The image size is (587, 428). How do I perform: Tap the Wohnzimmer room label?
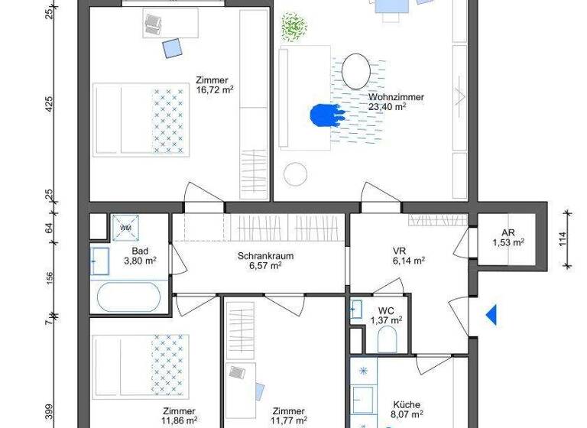click(x=396, y=97)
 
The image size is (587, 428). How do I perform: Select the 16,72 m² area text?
click(x=214, y=89)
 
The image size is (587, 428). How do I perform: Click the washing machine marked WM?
click(x=124, y=226)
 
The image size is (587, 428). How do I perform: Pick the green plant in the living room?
click(x=292, y=28)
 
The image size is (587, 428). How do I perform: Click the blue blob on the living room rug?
click(x=326, y=115)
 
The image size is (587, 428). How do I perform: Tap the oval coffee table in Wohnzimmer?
click(x=355, y=71)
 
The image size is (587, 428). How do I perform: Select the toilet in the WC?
click(x=387, y=341)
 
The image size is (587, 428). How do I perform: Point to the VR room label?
click(x=398, y=250)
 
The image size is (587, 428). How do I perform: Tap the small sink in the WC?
click(x=356, y=310)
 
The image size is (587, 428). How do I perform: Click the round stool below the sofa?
click(x=295, y=175)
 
